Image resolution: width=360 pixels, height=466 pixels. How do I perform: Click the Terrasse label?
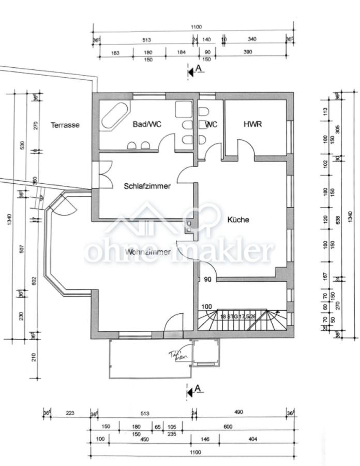[x=65, y=125]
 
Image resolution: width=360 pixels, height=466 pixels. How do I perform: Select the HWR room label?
[x=253, y=124]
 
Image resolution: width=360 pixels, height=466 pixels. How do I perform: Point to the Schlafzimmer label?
[x=147, y=186]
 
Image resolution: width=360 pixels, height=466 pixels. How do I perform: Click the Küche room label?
[x=238, y=220]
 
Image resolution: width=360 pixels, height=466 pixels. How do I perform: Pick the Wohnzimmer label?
[x=148, y=252]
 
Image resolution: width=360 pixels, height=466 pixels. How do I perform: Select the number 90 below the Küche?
[x=208, y=280]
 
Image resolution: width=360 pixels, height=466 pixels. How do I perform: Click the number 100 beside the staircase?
[x=207, y=307]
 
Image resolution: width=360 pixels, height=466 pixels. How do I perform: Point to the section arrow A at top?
[x=195, y=71]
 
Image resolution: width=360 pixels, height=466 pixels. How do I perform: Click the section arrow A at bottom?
[x=195, y=392]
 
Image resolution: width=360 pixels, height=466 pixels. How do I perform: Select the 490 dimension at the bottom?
[x=238, y=413]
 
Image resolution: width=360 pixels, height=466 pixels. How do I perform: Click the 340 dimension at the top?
[x=252, y=39]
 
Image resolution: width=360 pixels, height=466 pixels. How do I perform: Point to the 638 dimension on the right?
[x=338, y=220]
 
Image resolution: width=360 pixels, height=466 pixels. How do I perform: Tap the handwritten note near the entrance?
[x=176, y=355]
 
